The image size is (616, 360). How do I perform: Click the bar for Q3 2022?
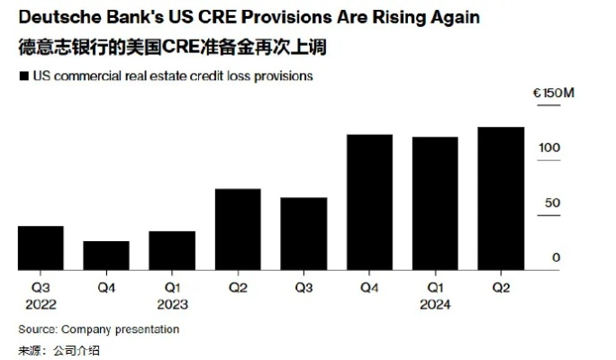point(41,247)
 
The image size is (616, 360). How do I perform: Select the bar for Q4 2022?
point(106,256)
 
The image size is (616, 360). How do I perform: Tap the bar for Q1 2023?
point(172,250)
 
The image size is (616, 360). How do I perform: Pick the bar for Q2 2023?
point(238,229)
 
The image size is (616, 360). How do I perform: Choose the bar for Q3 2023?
point(303,233)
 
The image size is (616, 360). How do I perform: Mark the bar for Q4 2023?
point(369,202)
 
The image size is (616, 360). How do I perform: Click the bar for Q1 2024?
point(435,203)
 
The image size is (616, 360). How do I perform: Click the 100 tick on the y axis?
point(550,148)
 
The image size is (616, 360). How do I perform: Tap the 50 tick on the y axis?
point(550,202)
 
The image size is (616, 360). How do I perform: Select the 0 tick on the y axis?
point(556,258)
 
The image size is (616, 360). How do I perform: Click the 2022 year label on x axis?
point(41,304)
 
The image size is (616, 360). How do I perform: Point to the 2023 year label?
point(172,304)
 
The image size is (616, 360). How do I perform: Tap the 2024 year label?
point(435,304)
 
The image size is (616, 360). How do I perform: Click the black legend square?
point(23,76)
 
